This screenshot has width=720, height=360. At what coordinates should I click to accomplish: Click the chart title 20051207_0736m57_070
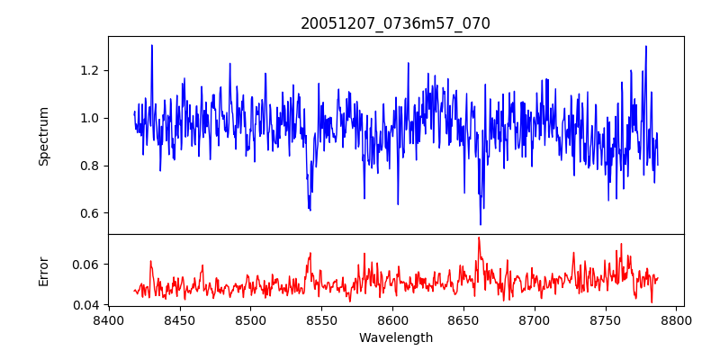(x=395, y=23)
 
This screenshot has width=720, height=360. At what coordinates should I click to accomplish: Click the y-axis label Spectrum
(x=44, y=136)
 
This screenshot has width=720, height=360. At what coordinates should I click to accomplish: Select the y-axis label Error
(x=44, y=271)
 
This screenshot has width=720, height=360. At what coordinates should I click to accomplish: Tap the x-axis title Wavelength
(x=395, y=338)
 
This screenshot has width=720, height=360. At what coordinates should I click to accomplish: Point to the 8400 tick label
(x=108, y=320)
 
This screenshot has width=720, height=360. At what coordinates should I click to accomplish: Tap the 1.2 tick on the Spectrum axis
(x=90, y=70)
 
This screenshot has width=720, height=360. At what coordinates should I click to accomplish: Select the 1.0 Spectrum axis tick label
(x=90, y=118)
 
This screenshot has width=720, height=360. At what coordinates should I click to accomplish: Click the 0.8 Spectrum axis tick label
(x=90, y=166)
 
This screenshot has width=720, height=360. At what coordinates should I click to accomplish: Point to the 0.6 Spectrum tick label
(x=90, y=213)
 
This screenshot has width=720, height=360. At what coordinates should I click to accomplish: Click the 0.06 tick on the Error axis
(x=86, y=265)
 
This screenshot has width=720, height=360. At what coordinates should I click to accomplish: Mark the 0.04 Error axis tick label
(x=86, y=306)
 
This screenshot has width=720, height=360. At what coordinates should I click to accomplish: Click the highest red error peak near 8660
(x=479, y=238)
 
